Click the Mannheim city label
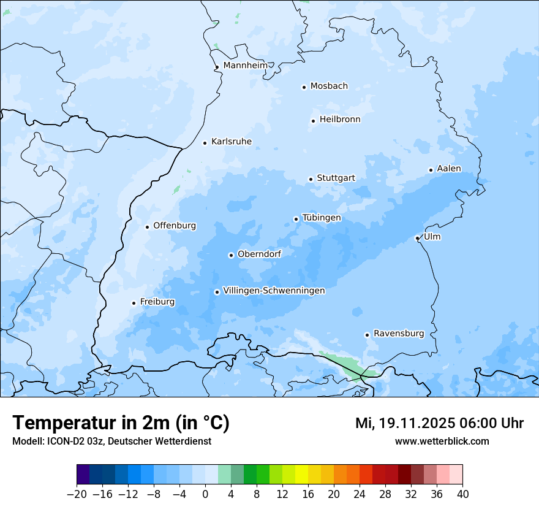[x=246, y=66]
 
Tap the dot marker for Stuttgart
[x=311, y=179]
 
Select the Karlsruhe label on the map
[x=232, y=142]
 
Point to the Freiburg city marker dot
[x=134, y=303]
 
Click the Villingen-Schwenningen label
[x=274, y=291]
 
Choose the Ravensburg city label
[x=399, y=334]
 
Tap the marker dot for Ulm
[x=417, y=238]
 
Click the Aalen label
[x=449, y=169]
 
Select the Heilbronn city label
[x=340, y=120]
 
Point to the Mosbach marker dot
[x=304, y=87]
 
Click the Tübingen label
[x=322, y=218]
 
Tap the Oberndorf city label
[x=259, y=254]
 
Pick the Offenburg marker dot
[x=147, y=227]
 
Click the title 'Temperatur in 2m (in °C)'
[x=121, y=423]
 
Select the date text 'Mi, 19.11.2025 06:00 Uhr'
[x=439, y=423]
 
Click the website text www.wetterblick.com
[x=442, y=441]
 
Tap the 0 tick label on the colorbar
[x=205, y=494]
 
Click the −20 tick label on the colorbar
[x=77, y=494]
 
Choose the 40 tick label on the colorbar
[x=462, y=494]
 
